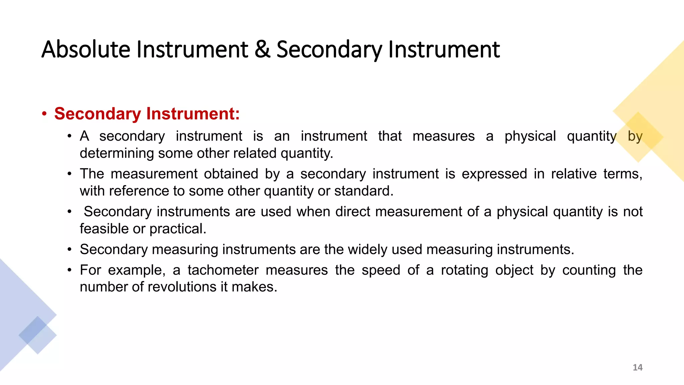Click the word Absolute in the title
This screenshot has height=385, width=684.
click(86, 49)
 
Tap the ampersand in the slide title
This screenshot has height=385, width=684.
click(262, 49)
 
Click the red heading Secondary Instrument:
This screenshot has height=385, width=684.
click(147, 114)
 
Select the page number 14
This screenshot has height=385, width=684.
click(637, 367)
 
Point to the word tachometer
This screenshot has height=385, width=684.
click(223, 270)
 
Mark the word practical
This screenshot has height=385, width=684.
click(178, 229)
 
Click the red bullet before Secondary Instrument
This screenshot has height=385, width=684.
click(44, 114)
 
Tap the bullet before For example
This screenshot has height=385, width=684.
click(69, 270)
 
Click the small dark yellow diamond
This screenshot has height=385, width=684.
click(638, 137)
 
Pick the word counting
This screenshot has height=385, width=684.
click(589, 270)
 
